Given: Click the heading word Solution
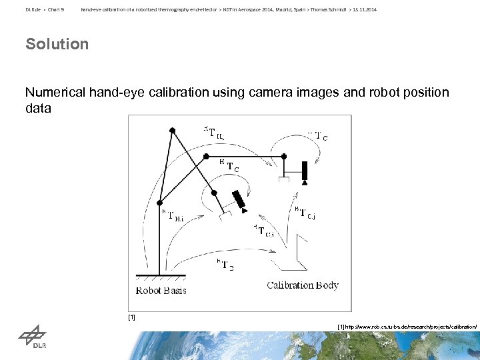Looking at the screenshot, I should click(57, 44).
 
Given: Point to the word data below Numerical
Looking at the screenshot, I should click(38, 107).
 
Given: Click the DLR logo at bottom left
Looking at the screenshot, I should click(32, 338).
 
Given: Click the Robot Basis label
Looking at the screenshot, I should click(161, 290).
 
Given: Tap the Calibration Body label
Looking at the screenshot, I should click(303, 285).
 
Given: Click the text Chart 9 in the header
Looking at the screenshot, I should click(55, 9).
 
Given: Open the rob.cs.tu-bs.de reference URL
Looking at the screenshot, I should click(407, 327).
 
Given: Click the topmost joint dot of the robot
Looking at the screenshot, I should click(173, 129).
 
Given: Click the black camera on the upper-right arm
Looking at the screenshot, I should click(305, 171).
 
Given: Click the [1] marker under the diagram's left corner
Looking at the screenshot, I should click(131, 317).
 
